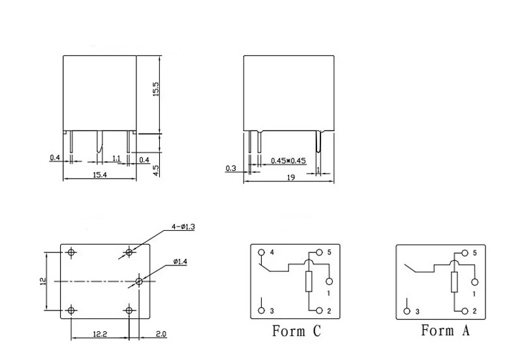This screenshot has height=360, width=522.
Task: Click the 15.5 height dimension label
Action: click(156, 89)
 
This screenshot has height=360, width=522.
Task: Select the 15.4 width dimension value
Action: click(100, 175)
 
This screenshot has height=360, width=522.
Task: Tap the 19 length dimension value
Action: click(290, 177)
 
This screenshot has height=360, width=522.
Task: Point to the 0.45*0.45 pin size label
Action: click(288, 160)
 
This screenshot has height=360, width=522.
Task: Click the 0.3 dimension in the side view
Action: click(231, 168)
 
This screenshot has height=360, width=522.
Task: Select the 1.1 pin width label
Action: click(116, 158)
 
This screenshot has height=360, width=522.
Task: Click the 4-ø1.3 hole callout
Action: click(183, 227)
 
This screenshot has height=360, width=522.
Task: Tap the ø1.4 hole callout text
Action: click(180, 262)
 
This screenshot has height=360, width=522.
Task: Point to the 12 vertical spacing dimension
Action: click(43, 282)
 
